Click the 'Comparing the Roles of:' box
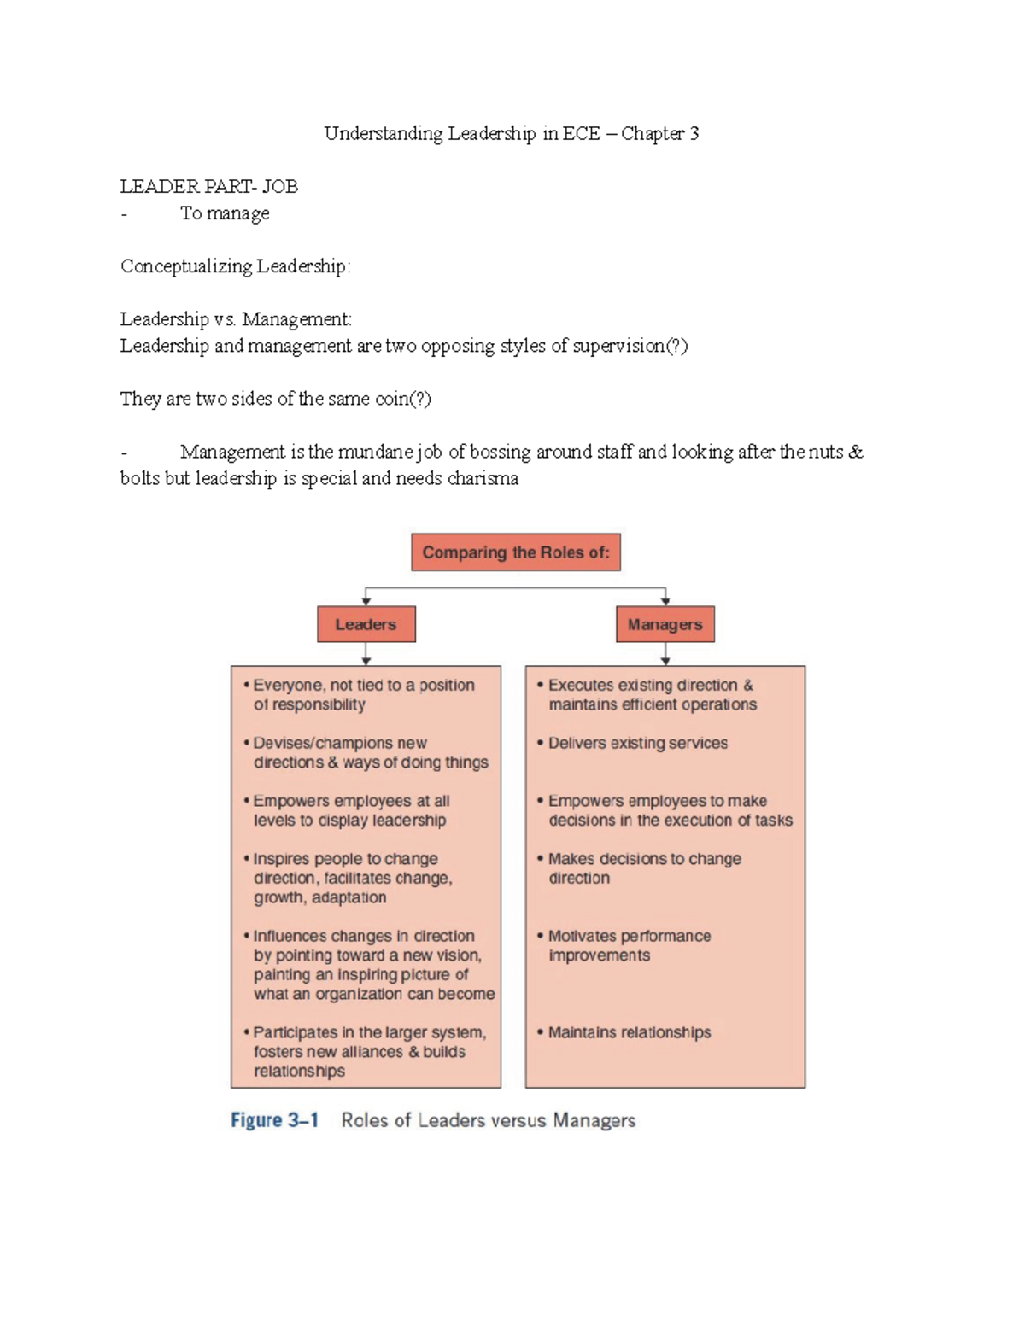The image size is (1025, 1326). pyautogui.click(x=516, y=552)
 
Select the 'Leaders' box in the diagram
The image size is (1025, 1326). pyautogui.click(x=366, y=624)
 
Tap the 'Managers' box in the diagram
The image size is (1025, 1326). pyautogui.click(x=665, y=624)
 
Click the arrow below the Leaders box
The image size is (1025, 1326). pyautogui.click(x=366, y=654)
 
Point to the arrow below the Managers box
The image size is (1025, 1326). pyautogui.click(x=665, y=654)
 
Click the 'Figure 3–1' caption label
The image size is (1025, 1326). pyautogui.click(x=274, y=1120)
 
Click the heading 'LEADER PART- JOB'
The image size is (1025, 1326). pyautogui.click(x=208, y=186)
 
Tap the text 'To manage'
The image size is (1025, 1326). pyautogui.click(x=225, y=213)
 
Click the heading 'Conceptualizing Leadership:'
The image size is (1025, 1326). pyautogui.click(x=235, y=266)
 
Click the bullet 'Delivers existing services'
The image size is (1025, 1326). pyautogui.click(x=637, y=743)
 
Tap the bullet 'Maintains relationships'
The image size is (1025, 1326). pyautogui.click(x=629, y=1032)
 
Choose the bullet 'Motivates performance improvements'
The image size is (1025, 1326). pyautogui.click(x=629, y=945)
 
